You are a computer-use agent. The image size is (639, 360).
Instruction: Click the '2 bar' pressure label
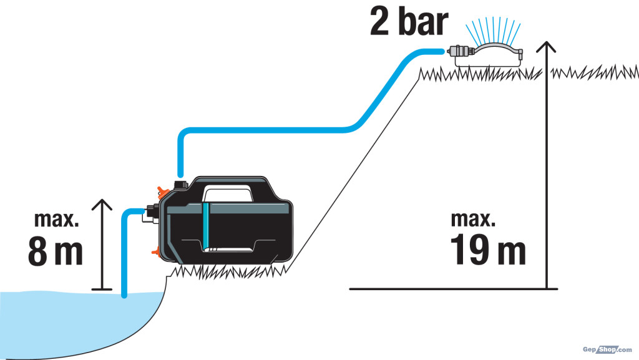(409, 21)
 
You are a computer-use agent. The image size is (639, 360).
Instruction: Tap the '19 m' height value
(488, 249)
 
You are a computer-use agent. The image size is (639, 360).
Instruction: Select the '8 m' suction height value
(56, 251)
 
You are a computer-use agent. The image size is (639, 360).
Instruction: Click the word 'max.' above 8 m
(56, 220)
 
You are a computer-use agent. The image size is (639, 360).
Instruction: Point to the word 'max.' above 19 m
(473, 219)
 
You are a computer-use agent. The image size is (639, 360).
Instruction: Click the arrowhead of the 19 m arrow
(546, 46)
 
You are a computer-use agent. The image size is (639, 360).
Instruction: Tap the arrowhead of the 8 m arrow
(102, 205)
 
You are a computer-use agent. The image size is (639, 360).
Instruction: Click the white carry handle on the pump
(227, 193)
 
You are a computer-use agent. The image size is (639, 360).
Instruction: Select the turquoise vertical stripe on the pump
(206, 227)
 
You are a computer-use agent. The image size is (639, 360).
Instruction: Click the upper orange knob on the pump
(163, 192)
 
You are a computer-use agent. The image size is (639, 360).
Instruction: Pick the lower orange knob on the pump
(155, 251)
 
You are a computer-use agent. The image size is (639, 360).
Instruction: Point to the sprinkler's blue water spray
(493, 31)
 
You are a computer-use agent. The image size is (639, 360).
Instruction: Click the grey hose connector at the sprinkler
(460, 52)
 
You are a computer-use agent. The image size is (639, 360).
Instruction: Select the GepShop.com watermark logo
(607, 349)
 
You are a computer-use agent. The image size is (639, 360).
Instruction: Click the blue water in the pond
(61, 322)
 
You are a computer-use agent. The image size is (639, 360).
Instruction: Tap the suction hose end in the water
(124, 295)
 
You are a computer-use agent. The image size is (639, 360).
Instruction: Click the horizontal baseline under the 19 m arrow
(453, 289)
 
